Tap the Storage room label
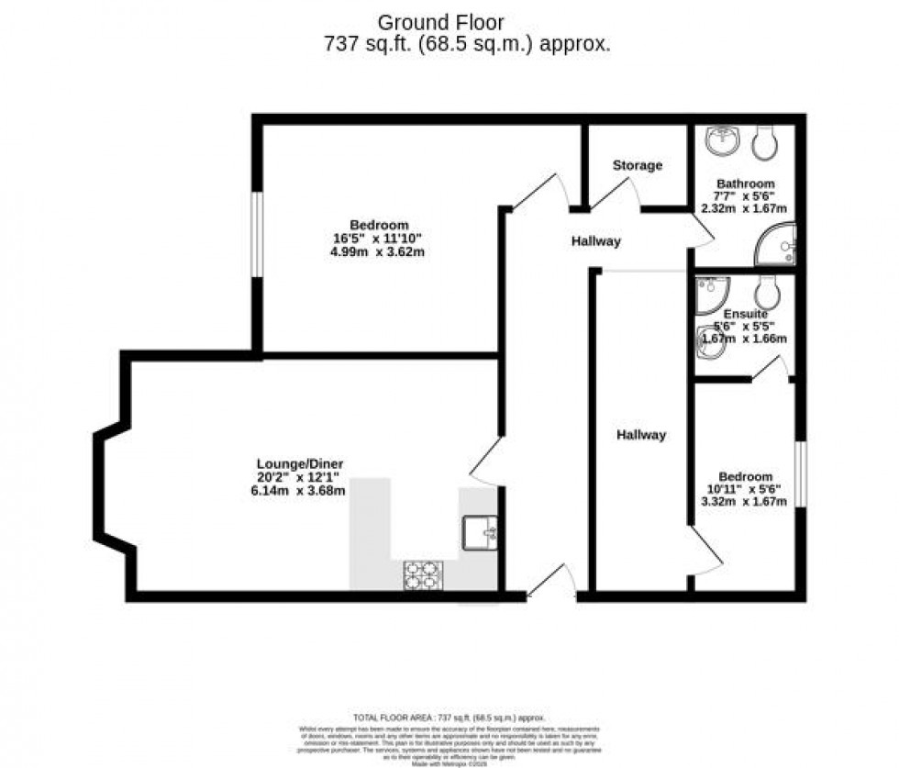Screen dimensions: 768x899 coord(638,166)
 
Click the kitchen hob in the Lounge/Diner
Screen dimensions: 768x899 coord(423,575)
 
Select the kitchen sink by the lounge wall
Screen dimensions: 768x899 coord(480,531)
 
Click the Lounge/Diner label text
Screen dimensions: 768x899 coord(300,463)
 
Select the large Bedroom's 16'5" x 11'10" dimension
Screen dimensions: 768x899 coord(378,239)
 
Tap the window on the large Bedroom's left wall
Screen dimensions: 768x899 coord(258,233)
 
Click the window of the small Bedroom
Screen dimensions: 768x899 coord(800,473)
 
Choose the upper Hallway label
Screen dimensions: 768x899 coord(596,241)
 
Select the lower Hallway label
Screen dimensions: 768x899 coord(641,435)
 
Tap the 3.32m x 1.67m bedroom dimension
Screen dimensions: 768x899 coord(745,502)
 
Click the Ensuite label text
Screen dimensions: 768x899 coord(744,314)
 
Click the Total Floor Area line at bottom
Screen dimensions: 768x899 coord(449,717)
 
